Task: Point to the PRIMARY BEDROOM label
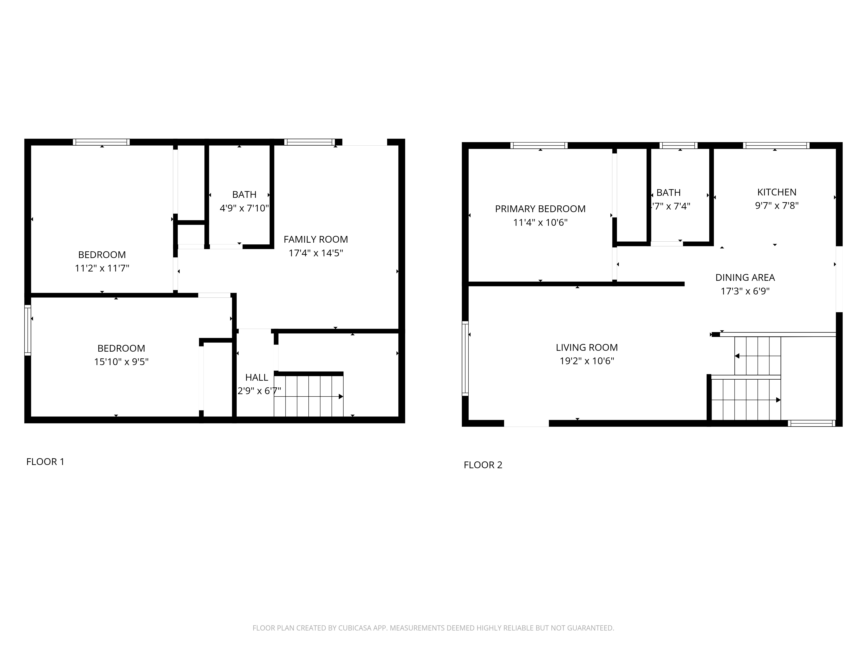pos(540,209)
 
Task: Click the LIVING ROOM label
pos(587,348)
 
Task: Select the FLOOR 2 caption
pos(483,465)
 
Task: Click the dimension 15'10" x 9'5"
pos(121,362)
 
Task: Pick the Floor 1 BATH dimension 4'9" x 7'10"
pos(244,208)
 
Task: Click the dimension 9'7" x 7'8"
pos(777,206)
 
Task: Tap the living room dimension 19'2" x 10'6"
pos(587,361)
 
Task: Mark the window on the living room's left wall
pos(465,359)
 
